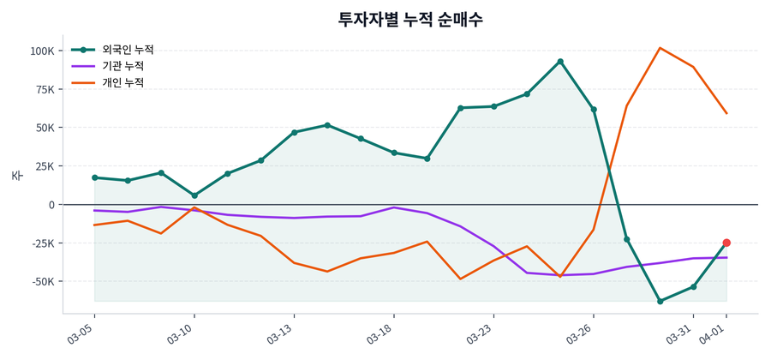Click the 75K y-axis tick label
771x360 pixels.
pos(44,89)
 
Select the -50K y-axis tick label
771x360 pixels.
pos(41,281)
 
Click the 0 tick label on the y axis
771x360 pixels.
pos(51,205)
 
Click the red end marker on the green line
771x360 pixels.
pos(726,243)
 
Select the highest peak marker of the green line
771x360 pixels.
pos(560,62)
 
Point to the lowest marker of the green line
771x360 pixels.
pos(660,301)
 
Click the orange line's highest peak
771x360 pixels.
pos(660,48)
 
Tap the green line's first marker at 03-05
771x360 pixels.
pos(94,177)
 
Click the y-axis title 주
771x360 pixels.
pos(16,175)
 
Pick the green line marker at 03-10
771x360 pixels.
pos(194,195)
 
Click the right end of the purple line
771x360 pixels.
pos(726,257)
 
